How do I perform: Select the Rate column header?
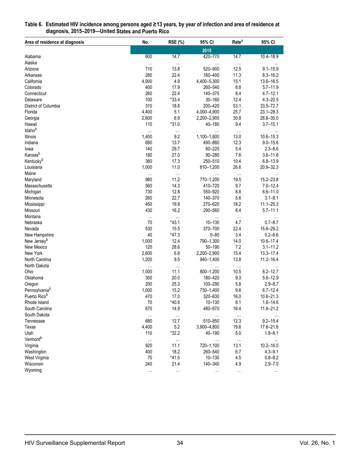point(237,42)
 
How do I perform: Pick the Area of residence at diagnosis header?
point(54,42)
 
